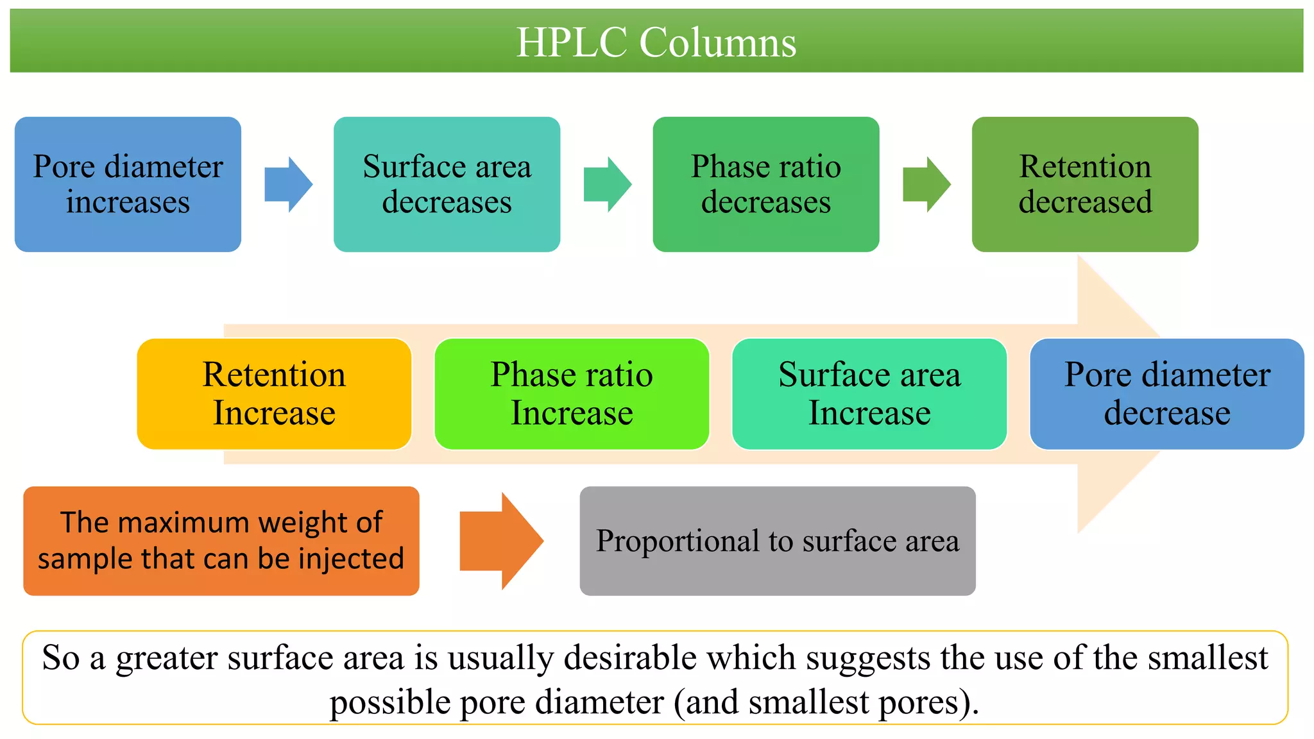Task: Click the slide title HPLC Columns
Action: [x=656, y=42]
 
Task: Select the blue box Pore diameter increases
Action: [x=128, y=184]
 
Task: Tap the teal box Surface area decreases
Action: [x=447, y=184]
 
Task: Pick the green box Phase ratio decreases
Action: [x=765, y=184]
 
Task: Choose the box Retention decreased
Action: [x=1084, y=184]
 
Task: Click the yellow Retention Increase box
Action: [x=274, y=394]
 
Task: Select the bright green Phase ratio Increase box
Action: [x=572, y=394]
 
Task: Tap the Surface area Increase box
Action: [x=869, y=394]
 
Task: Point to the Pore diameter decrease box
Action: [x=1166, y=394]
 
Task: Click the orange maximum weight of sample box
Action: [x=221, y=541]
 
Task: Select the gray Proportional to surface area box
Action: [x=777, y=541]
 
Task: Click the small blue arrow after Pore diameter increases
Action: [x=288, y=184]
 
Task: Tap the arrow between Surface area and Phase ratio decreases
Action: [x=607, y=184]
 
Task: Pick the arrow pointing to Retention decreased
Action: [x=926, y=184]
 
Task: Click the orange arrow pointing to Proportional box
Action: [x=501, y=541]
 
